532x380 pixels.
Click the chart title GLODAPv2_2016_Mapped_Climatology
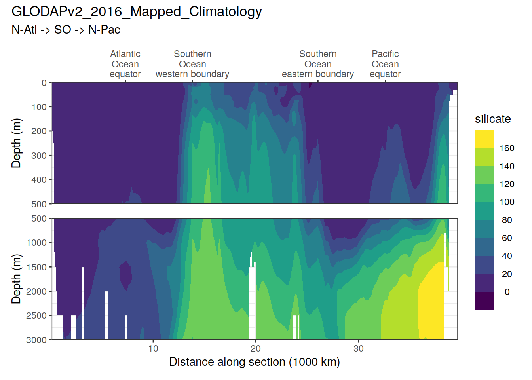(137, 12)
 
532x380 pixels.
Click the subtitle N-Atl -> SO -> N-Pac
(66, 30)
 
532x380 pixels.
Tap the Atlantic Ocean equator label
(125, 64)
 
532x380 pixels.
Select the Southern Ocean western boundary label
(192, 64)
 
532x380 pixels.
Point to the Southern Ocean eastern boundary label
(318, 64)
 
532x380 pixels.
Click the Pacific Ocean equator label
(385, 64)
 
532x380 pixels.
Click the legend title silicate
(493, 119)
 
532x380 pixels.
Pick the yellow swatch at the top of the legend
(484, 139)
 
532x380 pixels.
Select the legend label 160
(507, 148)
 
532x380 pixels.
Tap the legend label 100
(507, 202)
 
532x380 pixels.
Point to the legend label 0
(507, 292)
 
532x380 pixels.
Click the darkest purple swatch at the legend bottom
(484, 300)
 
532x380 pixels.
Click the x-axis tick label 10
(153, 348)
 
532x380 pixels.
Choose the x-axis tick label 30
(358, 348)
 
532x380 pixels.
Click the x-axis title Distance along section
(255, 362)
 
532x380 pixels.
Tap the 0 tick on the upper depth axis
(44, 83)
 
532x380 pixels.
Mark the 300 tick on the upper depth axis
(39, 156)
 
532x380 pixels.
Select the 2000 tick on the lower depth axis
(36, 291)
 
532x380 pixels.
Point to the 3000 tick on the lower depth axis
(36, 340)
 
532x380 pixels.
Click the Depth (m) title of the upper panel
(16, 143)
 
